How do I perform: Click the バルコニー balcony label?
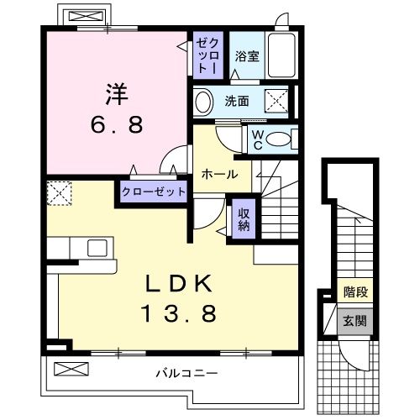(186, 370)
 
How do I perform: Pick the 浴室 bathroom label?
(245, 57)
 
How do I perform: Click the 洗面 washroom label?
(236, 102)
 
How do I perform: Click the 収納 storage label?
(244, 219)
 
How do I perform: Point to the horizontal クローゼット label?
(153, 192)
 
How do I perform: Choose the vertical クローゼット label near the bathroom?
(207, 56)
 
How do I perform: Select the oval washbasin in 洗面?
(203, 102)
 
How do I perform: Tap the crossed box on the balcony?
(71, 369)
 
